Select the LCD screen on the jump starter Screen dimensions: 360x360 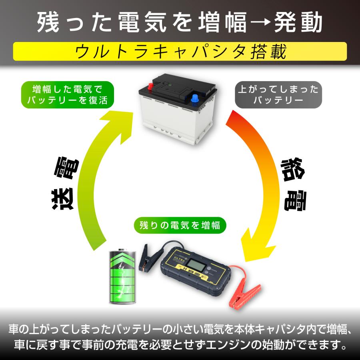point(196,266)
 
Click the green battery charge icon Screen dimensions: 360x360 point(122,276)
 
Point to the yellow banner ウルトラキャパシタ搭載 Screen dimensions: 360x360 point(180,52)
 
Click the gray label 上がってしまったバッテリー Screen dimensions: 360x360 point(278,94)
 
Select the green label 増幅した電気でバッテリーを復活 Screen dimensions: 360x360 point(68,94)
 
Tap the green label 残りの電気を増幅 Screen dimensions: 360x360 point(180,225)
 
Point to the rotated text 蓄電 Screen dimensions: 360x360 point(294,184)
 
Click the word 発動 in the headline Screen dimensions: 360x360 point(298,22)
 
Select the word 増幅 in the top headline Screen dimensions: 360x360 point(223,22)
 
